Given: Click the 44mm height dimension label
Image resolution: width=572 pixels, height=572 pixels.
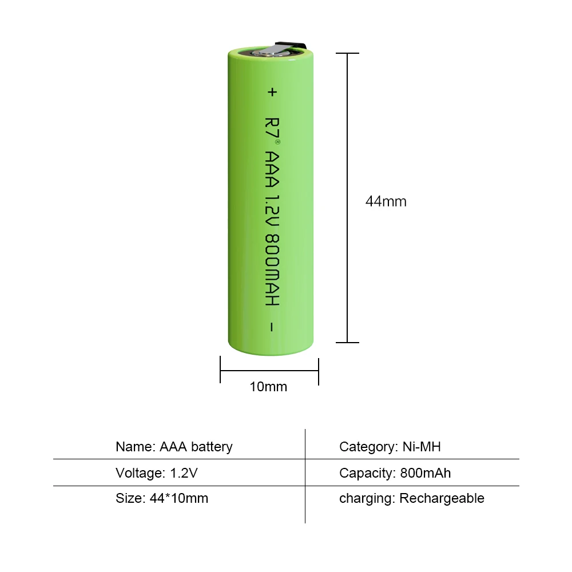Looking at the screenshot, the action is (386, 201).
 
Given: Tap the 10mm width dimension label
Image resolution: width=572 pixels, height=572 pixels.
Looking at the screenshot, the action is (268, 387).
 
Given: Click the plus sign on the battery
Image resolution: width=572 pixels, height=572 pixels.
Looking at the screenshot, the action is (272, 92).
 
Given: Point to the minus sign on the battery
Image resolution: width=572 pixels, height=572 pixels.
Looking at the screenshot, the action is (272, 327).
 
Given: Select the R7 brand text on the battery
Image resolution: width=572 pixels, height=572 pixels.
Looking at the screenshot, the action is (272, 128).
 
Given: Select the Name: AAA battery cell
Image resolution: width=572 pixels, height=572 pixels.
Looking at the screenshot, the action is (174, 447).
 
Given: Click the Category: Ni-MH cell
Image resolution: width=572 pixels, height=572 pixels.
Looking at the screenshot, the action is (390, 447).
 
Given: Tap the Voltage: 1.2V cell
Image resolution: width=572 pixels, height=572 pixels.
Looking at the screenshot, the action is (156, 473).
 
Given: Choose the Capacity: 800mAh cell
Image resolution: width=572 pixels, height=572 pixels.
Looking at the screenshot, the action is (395, 473).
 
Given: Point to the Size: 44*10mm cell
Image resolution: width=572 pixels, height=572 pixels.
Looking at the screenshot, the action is (162, 498).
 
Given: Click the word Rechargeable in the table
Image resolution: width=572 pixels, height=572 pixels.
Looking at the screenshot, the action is (442, 498).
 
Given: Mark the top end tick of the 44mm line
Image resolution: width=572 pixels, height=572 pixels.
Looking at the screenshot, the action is (347, 53).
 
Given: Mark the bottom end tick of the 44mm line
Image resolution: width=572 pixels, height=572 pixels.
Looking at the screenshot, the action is (347, 343).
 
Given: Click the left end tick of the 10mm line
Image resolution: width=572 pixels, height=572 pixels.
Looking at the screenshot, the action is (221, 371).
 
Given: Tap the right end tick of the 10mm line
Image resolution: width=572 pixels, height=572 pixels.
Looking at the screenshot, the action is (318, 371).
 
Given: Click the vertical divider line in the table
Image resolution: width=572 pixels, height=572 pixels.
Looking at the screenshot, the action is (305, 475).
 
